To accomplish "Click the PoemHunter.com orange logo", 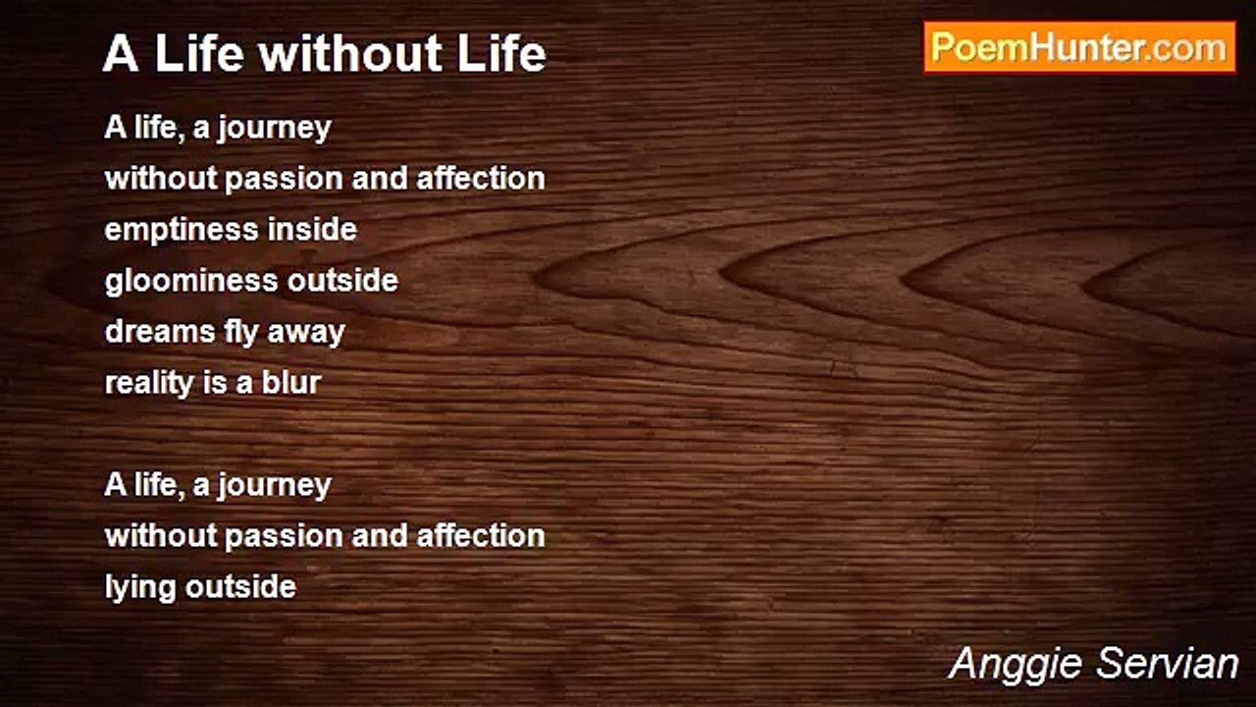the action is (x=1079, y=48).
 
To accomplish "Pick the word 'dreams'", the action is (x=160, y=332).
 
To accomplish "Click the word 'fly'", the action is (x=241, y=332).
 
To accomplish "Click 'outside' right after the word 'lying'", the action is (x=240, y=587).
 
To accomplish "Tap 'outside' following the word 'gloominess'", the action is (x=342, y=280).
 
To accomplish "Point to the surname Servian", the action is (x=1167, y=663).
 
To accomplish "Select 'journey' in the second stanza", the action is (x=275, y=486).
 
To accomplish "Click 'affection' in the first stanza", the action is (x=481, y=179).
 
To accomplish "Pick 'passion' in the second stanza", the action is (x=284, y=537).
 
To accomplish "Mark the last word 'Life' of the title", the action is (x=501, y=54).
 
